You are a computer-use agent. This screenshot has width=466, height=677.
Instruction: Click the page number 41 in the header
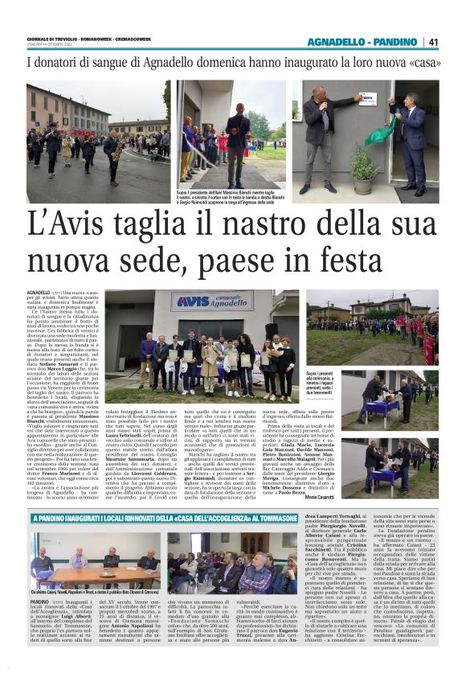tap(432, 43)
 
